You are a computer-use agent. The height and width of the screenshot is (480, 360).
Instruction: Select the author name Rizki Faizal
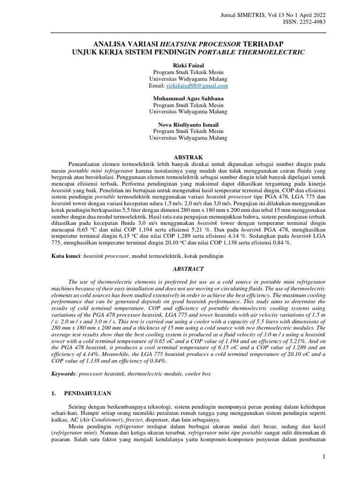tap(180, 66)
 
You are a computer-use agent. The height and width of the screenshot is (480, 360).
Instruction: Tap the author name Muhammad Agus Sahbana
tap(180, 99)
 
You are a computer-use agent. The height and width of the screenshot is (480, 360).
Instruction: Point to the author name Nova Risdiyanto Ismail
tap(180, 125)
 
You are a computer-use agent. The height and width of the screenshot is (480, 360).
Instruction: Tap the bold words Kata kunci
tap(65, 256)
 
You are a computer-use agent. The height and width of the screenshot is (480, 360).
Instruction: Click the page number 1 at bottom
tap(323, 457)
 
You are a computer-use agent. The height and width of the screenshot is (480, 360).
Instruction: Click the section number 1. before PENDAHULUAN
tap(53, 393)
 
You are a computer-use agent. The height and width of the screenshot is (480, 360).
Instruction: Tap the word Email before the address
tap(156, 86)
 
